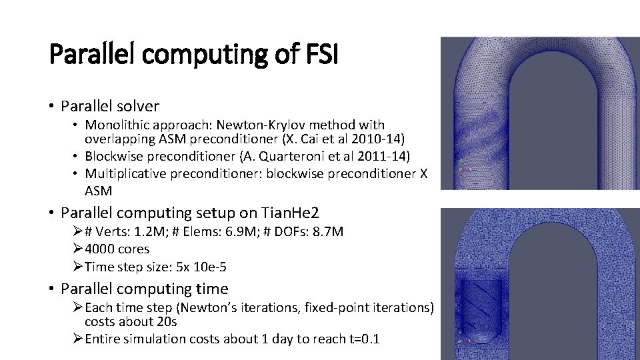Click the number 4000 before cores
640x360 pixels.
(x=99, y=249)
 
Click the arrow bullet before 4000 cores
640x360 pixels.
(x=77, y=249)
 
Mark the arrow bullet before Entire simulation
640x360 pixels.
(x=77, y=339)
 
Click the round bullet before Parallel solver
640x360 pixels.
(x=51, y=107)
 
